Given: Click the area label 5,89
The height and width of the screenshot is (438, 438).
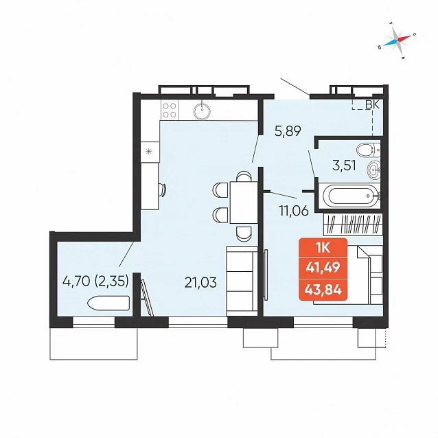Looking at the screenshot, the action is (288, 130).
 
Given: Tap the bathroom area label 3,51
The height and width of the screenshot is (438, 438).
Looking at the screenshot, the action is (344, 165).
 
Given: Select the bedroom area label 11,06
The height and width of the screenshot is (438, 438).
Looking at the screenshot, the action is (294, 210).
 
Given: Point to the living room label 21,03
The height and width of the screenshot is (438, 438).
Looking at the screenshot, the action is (200, 282).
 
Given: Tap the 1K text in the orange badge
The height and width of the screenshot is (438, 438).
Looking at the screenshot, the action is (323, 248).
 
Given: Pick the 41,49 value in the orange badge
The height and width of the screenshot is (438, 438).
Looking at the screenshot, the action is (323, 268).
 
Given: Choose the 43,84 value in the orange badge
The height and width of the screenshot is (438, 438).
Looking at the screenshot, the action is (323, 290).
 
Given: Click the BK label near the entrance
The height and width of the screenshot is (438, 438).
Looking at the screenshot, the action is (372, 105).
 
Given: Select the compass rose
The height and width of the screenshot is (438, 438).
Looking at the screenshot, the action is (397, 40).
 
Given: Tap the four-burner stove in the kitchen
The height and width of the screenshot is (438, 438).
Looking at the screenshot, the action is (170, 110).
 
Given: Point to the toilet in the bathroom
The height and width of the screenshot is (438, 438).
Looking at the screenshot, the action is (369, 150).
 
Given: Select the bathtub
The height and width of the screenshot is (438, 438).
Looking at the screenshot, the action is (350, 196).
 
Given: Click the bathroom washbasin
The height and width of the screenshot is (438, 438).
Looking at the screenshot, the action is (373, 170).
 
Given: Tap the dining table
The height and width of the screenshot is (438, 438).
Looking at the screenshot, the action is (244, 202).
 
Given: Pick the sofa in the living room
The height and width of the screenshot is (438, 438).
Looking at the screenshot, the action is (242, 281).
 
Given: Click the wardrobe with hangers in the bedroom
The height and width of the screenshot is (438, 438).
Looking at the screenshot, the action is (353, 224).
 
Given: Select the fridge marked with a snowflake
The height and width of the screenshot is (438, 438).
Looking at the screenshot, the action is (150, 152).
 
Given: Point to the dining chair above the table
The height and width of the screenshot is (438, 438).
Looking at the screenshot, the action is (244, 176).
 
